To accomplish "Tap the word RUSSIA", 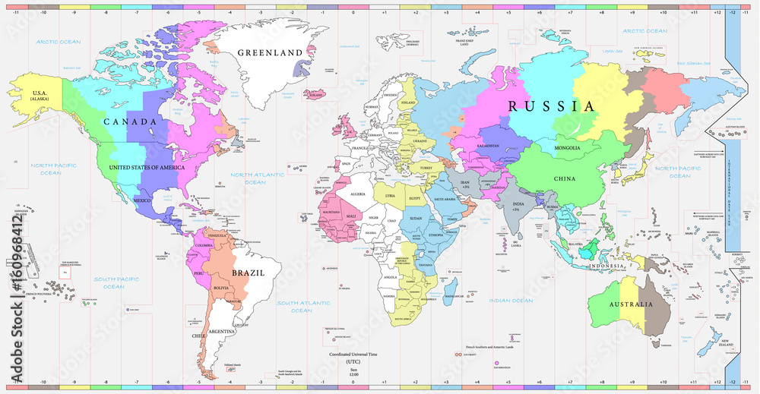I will [x=551, y=106].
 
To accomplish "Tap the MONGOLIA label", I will [x=568, y=147].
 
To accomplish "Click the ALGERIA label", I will [x=357, y=194].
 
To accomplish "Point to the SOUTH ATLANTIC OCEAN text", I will [x=302, y=307].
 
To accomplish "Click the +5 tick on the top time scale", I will [x=508, y=13].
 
